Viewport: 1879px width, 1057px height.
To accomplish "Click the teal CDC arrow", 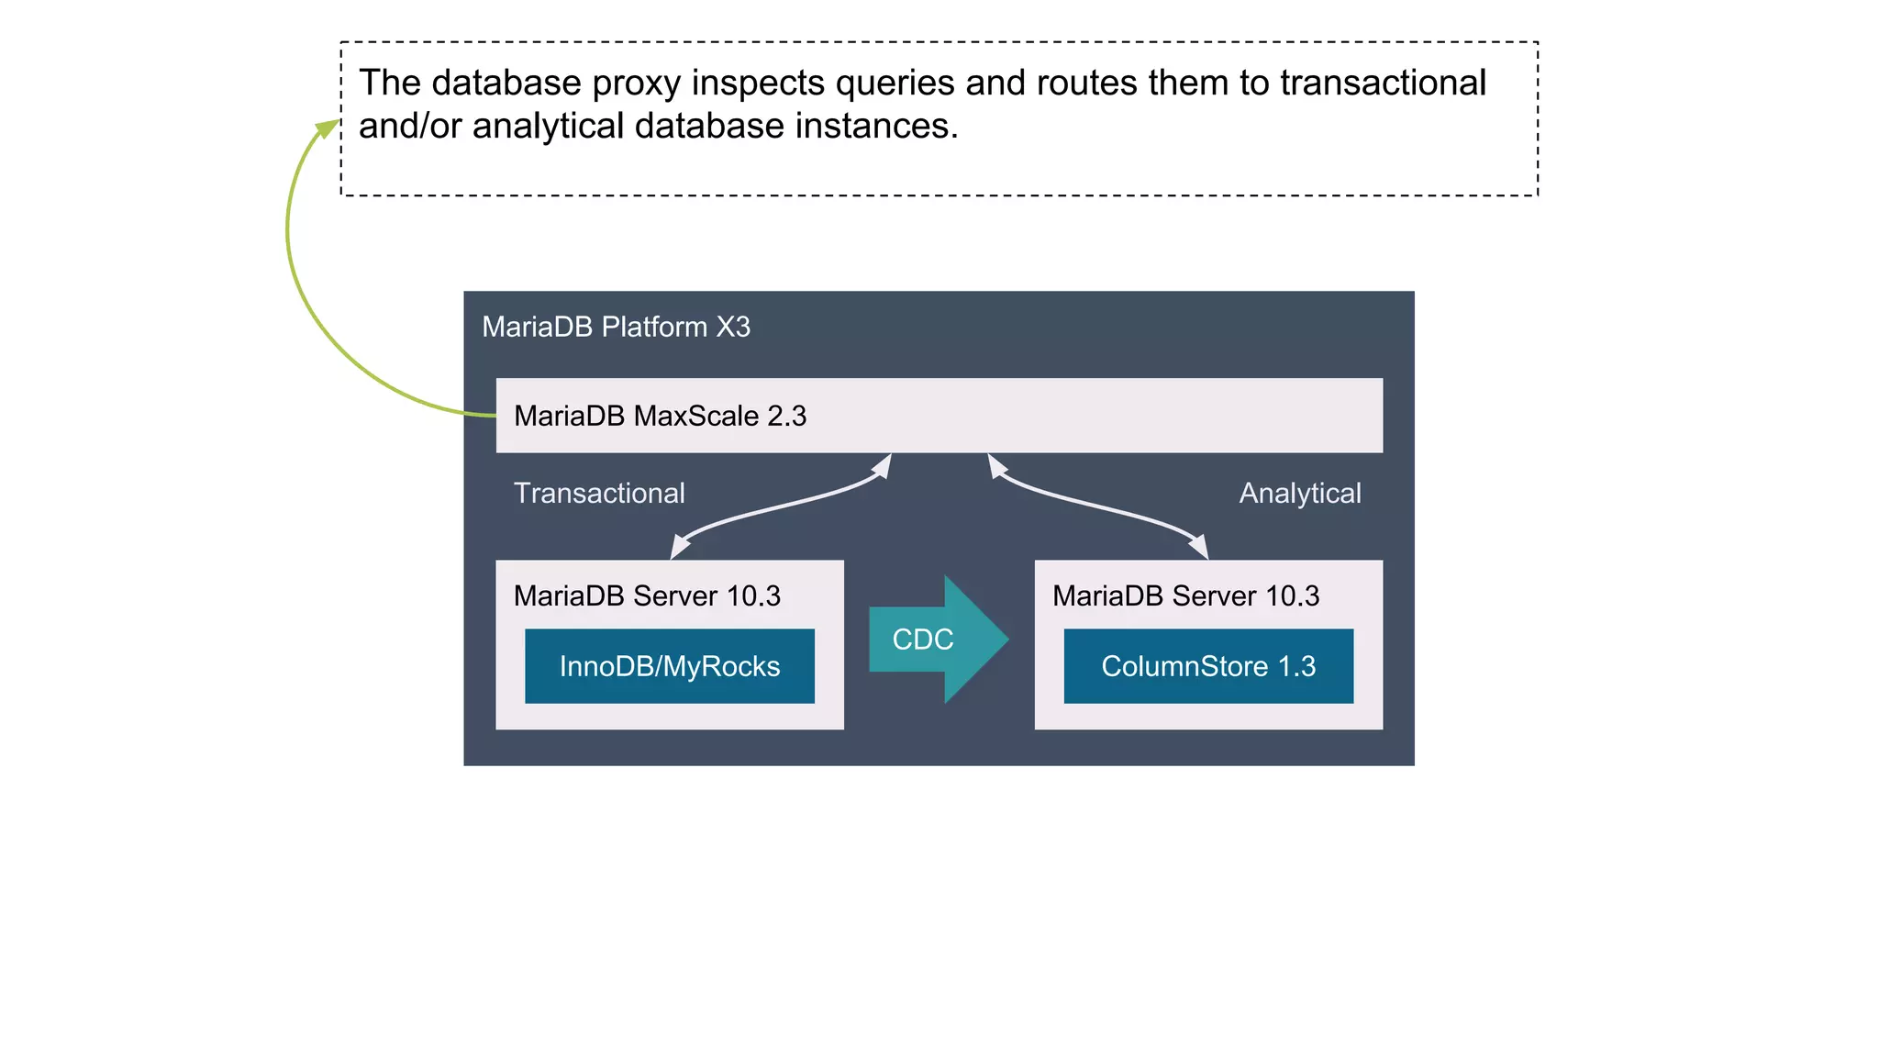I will click(936, 640).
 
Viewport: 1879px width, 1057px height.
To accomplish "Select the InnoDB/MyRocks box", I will click(669, 666).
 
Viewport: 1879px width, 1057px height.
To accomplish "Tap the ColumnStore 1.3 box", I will click(1207, 666).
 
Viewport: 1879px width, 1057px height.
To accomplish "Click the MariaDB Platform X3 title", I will click(616, 327).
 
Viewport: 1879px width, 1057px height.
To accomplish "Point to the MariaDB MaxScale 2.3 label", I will click(660, 416).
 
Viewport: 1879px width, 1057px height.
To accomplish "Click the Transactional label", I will click(599, 493).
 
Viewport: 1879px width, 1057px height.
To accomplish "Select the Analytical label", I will click(1299, 493).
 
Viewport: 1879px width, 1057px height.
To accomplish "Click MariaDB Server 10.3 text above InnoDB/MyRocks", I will click(647, 595).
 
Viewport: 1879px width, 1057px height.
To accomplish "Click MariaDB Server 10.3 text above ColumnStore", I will click(1185, 595).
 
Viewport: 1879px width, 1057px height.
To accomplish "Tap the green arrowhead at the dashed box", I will click(328, 128).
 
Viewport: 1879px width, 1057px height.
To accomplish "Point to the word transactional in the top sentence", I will click(1383, 83).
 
